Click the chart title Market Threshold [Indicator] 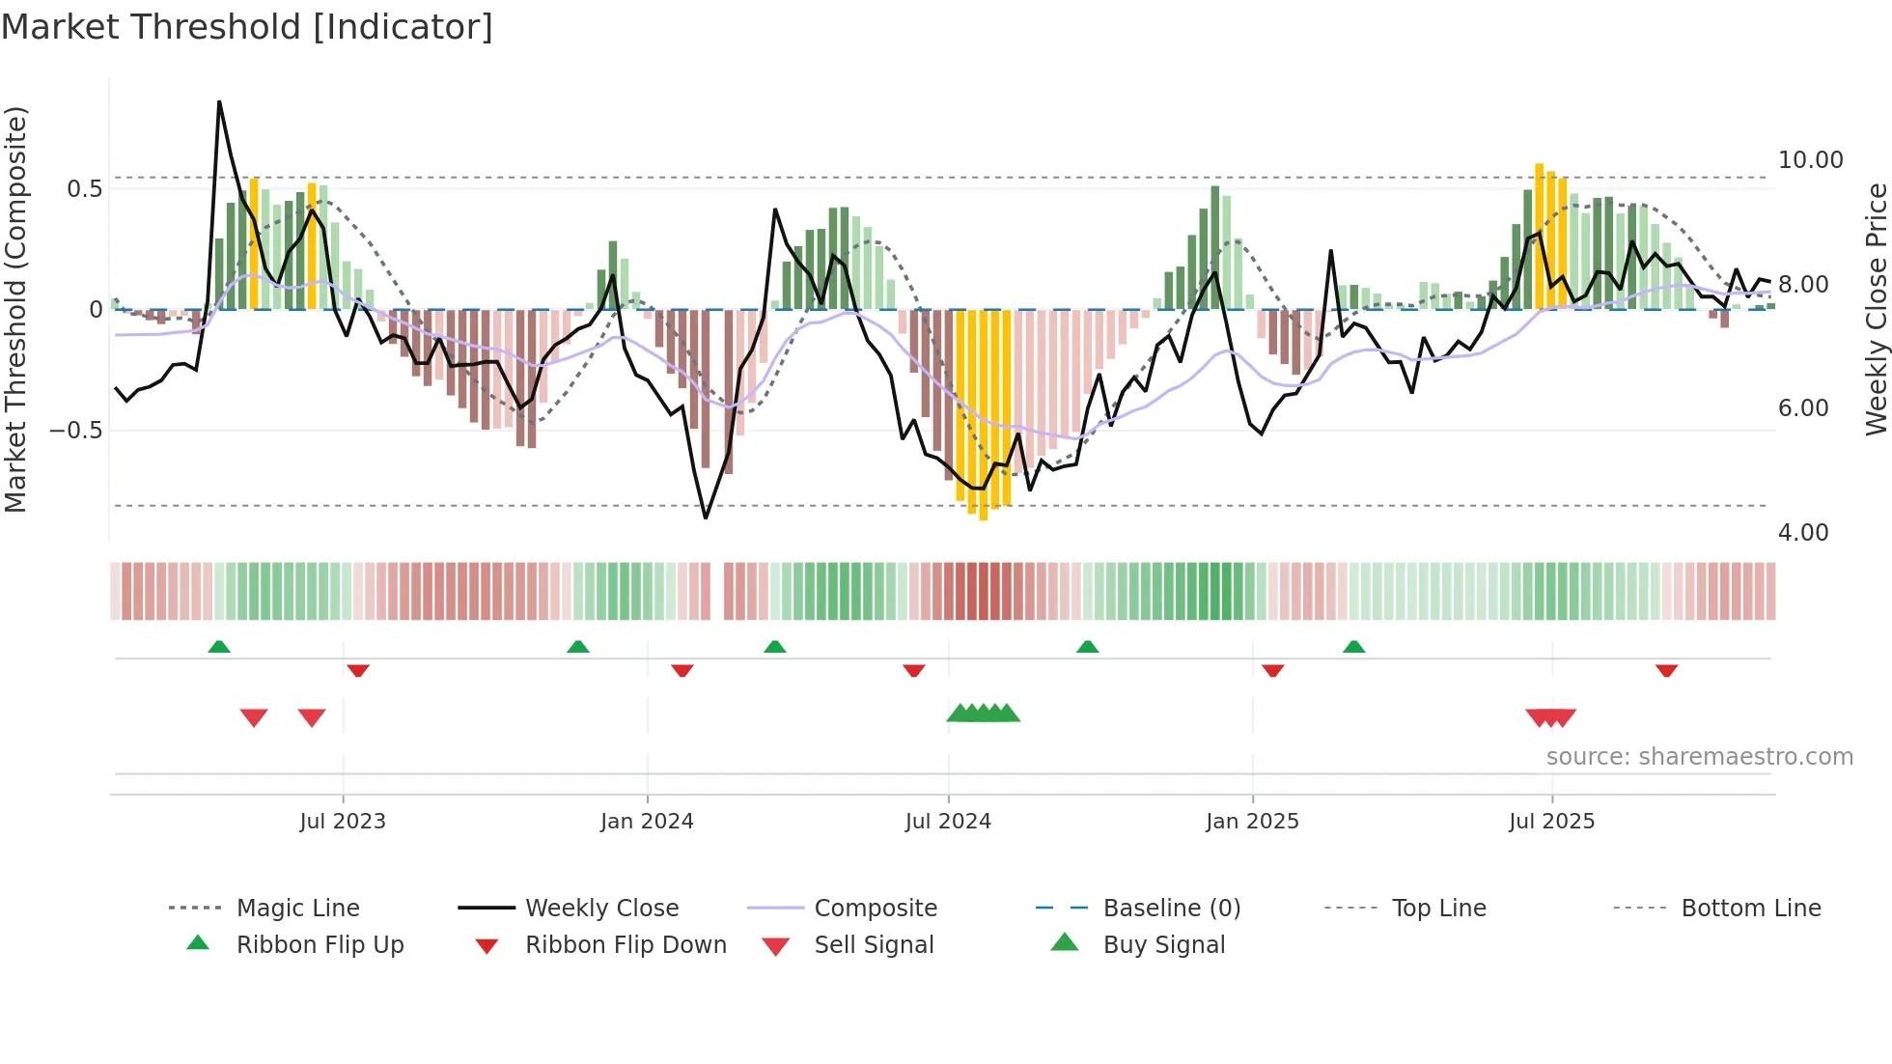click(x=247, y=27)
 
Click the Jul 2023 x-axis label click(x=342, y=822)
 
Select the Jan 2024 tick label click(x=647, y=822)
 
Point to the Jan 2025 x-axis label click(x=1252, y=822)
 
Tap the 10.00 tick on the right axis click(x=1810, y=160)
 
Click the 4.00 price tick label click(x=1802, y=533)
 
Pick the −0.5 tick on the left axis click(x=76, y=431)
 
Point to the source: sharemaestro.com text click(x=1699, y=757)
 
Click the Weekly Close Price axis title click(x=1876, y=309)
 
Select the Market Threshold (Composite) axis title click(x=16, y=309)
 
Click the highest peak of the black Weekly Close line click(x=219, y=101)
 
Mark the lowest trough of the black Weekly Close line click(x=706, y=518)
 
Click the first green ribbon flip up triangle click(x=219, y=647)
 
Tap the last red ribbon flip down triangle click(x=1666, y=670)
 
